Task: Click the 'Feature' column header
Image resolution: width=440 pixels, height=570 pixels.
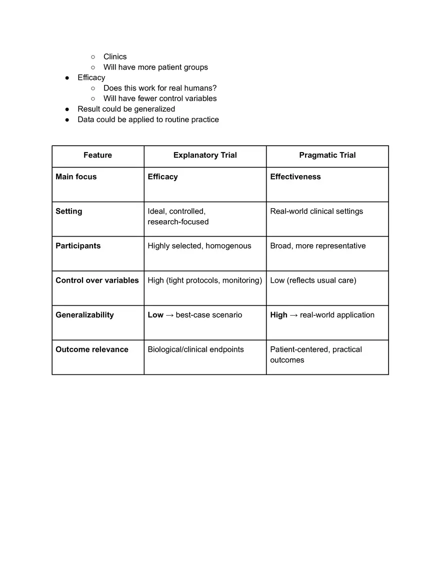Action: point(97,155)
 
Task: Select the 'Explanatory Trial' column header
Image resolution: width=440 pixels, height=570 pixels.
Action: point(205,155)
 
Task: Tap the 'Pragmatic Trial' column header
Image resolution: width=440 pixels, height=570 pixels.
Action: point(327,155)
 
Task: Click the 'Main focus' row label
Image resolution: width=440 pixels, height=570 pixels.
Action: point(76,177)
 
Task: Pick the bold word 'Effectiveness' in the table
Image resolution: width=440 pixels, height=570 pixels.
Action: point(295,177)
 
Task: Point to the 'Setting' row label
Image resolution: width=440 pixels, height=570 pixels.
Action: point(68,211)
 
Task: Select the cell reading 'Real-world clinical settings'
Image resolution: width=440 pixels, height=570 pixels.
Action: point(316,211)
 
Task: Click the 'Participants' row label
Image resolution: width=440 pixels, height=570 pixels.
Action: point(78,246)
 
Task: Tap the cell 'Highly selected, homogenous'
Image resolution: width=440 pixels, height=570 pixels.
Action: point(199,246)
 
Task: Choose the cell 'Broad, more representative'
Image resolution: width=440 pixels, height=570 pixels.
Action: point(318,246)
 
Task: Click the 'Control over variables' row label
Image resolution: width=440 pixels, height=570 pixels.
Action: point(97,280)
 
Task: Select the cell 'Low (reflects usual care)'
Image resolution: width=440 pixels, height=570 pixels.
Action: point(313,280)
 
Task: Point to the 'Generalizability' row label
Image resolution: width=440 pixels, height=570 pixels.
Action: point(84,315)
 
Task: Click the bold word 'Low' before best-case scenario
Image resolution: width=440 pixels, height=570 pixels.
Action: point(155,315)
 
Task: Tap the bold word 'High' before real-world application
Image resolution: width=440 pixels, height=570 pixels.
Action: point(278,315)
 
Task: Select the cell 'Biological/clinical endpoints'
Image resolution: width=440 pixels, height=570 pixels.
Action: point(195,349)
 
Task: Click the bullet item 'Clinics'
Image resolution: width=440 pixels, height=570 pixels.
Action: point(115,57)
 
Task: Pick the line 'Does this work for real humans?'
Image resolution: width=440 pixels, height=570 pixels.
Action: point(160,88)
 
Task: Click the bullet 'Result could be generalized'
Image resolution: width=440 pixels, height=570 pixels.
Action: point(126,109)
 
